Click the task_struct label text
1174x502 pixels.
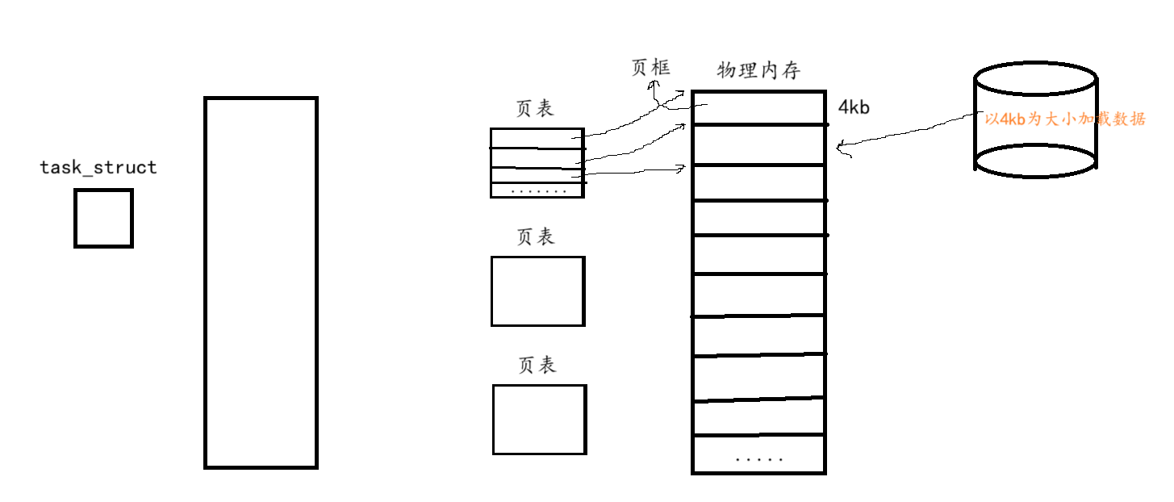98,168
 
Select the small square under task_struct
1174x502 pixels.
103,218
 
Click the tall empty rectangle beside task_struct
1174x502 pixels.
261,282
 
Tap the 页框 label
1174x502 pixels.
650,67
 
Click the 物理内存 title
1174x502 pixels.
758,71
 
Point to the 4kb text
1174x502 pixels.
854,107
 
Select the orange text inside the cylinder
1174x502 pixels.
1065,119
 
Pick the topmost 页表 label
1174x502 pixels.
535,109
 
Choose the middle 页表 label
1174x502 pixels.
536,236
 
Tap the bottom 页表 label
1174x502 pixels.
537,365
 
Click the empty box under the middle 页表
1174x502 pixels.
537,291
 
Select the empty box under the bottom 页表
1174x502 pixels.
539,419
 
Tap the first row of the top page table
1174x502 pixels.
537,138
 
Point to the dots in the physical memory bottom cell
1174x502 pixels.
758,458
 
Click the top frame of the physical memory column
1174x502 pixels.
758,108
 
